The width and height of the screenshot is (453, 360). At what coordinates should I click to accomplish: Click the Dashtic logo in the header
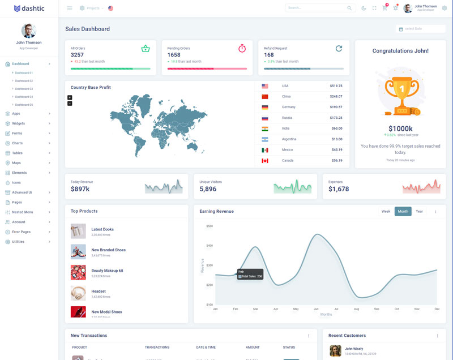pos(29,8)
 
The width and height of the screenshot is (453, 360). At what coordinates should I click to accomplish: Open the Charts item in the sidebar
pos(18,143)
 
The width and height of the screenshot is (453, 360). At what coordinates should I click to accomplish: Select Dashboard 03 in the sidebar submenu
pos(24,89)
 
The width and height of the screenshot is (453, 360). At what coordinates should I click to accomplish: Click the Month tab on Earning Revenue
pos(403,212)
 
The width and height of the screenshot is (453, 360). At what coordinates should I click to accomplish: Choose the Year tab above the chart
pos(419,212)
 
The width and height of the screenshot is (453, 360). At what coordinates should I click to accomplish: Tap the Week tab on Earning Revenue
pos(386,212)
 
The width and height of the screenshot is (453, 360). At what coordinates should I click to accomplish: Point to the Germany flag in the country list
pos(264,107)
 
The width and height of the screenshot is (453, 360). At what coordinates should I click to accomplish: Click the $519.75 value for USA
pos(336,86)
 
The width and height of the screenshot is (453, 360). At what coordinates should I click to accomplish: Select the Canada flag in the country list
pos(264,161)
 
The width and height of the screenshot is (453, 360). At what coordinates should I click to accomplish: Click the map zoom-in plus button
pos(70,97)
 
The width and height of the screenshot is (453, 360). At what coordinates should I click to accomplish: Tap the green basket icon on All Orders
pos(146,49)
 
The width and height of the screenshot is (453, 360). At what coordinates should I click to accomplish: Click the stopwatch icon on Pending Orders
pos(242,49)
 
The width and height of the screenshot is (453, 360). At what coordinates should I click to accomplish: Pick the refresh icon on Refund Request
pos(339,49)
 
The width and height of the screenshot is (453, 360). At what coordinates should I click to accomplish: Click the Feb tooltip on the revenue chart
pos(250,274)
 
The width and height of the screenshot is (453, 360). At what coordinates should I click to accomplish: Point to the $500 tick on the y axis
pos(209,226)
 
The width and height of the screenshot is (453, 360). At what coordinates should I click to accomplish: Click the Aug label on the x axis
pos(356,309)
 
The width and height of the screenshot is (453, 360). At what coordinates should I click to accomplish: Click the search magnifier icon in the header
pos(349,8)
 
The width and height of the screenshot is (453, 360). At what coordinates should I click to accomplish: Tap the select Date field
pos(417,29)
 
